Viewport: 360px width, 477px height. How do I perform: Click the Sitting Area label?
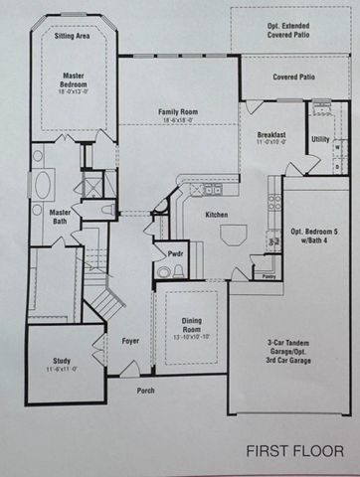73,34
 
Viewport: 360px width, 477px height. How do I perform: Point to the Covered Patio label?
293,76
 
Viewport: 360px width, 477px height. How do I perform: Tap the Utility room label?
320,139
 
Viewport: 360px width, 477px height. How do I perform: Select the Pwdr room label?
175,253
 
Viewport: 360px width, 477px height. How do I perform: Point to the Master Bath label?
61,217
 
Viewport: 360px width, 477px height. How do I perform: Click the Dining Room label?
192,326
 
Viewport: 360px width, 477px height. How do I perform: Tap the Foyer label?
130,341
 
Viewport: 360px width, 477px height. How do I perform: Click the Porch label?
145,391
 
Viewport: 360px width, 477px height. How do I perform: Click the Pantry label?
269,277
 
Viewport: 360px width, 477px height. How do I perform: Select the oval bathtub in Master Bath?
44,186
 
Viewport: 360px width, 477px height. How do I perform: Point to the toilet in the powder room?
164,271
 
